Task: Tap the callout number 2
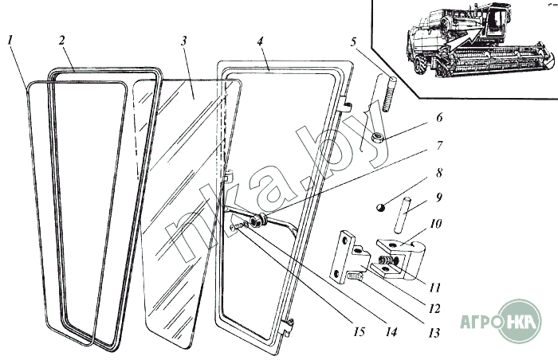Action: (x=61, y=39)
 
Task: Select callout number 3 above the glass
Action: (x=183, y=40)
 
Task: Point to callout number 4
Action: (x=261, y=39)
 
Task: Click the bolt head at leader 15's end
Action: (x=235, y=227)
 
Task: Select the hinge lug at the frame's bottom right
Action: (x=289, y=325)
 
